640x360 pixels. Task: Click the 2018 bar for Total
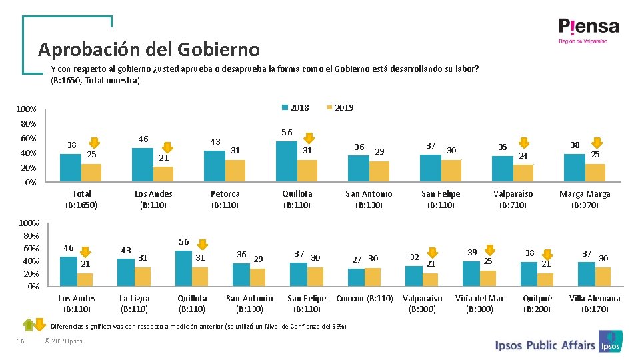coord(71,168)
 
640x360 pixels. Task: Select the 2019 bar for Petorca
coord(235,171)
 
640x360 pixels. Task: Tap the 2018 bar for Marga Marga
coord(575,168)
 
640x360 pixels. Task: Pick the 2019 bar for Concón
coord(373,277)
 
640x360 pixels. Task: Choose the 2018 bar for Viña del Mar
coord(471,274)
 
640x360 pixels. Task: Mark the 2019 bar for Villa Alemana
coord(603,277)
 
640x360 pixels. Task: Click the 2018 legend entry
coord(295,108)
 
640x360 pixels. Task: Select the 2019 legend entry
coord(341,108)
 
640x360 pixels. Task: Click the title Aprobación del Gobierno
coord(149,49)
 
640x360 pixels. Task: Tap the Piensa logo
coord(588,30)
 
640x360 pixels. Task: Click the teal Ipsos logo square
coord(610,341)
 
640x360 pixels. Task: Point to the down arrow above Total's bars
coord(94,143)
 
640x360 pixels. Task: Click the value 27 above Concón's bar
coord(357,259)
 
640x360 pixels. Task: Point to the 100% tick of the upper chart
coord(26,109)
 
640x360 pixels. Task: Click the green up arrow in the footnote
coord(29,325)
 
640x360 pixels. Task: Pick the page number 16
coord(21,341)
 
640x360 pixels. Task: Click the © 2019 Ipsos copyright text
coord(64,341)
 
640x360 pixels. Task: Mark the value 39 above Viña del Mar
coord(472,253)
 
